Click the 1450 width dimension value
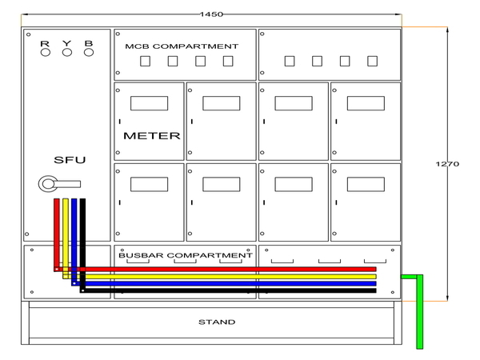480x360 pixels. [211, 14]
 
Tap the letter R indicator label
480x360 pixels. [45, 42]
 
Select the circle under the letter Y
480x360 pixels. [67, 53]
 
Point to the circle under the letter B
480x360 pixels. [89, 53]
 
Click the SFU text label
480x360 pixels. [70, 160]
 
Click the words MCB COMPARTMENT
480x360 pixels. [182, 46]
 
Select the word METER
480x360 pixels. [151, 136]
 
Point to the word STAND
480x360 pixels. [217, 322]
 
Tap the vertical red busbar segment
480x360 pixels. [57, 232]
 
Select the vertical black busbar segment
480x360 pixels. [82, 240]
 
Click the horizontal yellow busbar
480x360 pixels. [224, 276]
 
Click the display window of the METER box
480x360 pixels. [149, 103]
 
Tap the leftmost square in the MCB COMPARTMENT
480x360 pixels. [145, 61]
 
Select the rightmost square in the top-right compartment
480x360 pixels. [371, 61]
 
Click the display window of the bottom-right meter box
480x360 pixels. [365, 184]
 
